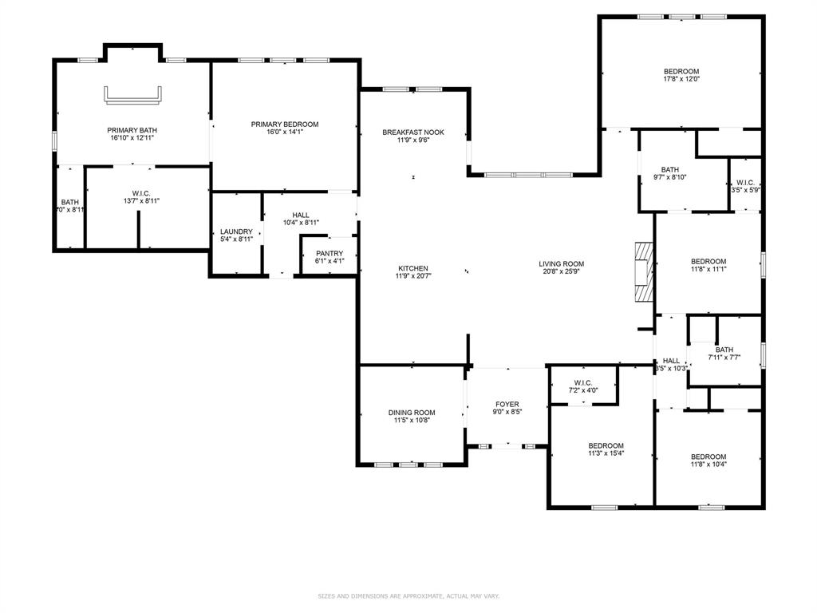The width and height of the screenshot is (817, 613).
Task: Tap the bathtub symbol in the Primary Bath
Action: tap(132, 95)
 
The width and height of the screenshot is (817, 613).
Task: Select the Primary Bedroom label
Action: tap(285, 125)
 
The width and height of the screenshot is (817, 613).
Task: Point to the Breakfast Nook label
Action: tap(413, 132)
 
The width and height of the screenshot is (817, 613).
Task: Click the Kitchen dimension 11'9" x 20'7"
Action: tap(413, 277)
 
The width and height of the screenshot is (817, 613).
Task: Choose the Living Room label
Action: tap(562, 264)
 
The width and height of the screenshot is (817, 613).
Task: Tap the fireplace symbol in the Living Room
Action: tap(644, 272)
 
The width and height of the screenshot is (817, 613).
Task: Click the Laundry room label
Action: tap(236, 231)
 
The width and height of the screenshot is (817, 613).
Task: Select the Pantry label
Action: tap(329, 254)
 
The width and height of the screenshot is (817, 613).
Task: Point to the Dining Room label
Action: tap(412, 413)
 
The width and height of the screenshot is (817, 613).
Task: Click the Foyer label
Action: tap(507, 405)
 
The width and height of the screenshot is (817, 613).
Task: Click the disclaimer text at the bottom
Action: tap(408, 596)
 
